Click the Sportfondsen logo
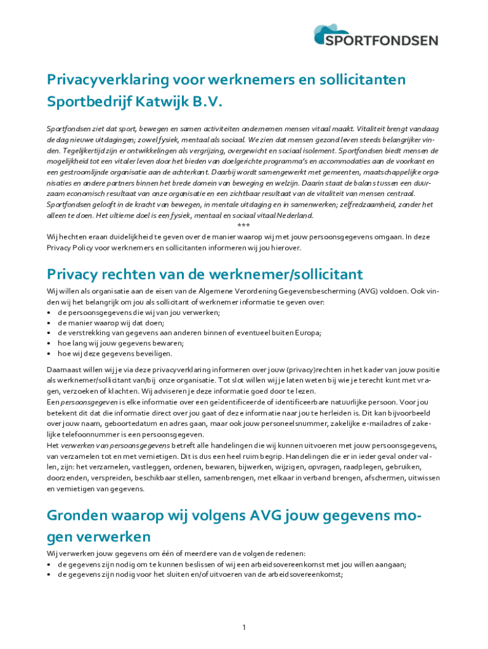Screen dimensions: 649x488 click(x=376, y=35)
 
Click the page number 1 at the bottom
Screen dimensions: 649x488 click(x=243, y=627)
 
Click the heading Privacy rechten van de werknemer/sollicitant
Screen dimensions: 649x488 click(x=205, y=274)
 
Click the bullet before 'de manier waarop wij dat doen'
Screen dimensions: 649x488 click(x=49, y=323)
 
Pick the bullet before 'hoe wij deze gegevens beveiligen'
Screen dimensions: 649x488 click(x=49, y=354)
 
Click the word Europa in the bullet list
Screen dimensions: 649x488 click(x=307, y=333)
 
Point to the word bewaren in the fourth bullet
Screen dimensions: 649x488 click(x=169, y=344)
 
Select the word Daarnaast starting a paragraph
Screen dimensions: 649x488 click(x=65, y=370)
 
